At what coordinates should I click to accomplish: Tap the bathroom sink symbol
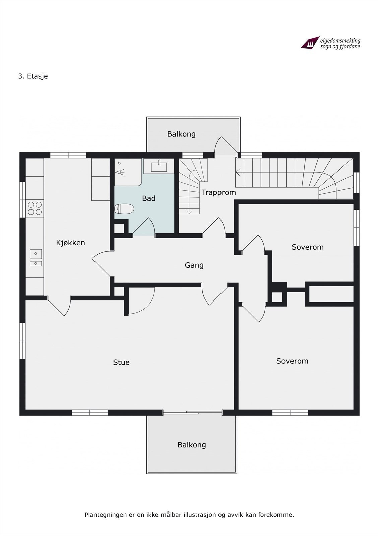click(x=160, y=166)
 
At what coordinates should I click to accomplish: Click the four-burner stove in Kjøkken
click(x=35, y=208)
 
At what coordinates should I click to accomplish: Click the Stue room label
click(x=121, y=362)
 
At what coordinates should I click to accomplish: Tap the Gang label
click(x=194, y=265)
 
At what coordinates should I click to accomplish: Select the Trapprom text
click(x=218, y=193)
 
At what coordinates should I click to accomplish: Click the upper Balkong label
click(x=181, y=134)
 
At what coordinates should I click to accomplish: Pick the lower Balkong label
click(x=192, y=445)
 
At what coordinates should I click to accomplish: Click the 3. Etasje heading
click(x=33, y=76)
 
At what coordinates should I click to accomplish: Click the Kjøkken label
click(x=70, y=243)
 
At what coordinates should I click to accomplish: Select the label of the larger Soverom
click(x=292, y=361)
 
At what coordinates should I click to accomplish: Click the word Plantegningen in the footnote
click(x=106, y=515)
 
